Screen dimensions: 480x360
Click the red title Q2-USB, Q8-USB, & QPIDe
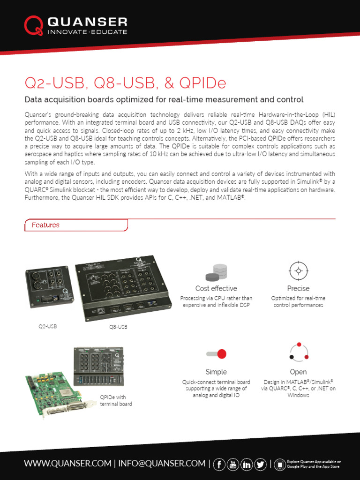[x=125, y=83]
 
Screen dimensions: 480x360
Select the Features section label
[x=45, y=225]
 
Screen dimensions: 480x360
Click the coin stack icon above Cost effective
[x=216, y=271]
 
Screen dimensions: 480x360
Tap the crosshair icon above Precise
[x=298, y=271]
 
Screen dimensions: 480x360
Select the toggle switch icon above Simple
[x=216, y=353]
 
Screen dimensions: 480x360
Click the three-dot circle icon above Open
[x=298, y=352]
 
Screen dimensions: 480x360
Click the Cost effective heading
[x=216, y=288]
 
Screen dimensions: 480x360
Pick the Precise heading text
[x=298, y=288]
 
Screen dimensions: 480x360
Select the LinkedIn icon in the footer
[x=247, y=464]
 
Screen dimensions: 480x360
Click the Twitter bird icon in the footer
[x=261, y=464]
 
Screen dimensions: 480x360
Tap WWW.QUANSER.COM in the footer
[x=67, y=464]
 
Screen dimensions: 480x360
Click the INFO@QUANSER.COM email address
[x=162, y=464]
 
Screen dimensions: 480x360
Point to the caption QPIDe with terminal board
[x=116, y=400]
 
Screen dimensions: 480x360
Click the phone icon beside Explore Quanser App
[x=279, y=464]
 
